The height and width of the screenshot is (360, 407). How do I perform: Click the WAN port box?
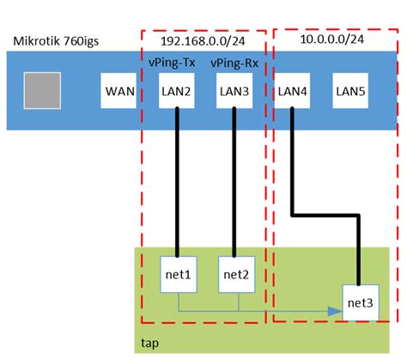coord(118,91)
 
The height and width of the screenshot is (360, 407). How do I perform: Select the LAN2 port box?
coord(177,91)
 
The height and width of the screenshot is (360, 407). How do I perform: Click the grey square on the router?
coord(43,91)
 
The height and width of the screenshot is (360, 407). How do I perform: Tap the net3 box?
coord(361,302)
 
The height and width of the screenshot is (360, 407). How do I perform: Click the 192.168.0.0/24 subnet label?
coord(205,41)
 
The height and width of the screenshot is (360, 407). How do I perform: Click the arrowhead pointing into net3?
coord(337,310)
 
